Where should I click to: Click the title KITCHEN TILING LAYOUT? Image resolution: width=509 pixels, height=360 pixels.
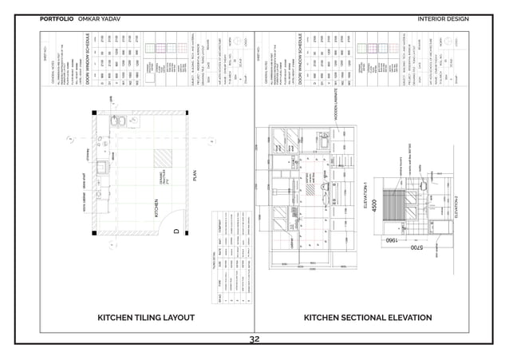click(x=145, y=318)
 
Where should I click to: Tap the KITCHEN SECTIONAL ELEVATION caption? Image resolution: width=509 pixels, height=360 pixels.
click(x=368, y=318)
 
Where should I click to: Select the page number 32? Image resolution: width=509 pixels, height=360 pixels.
click(x=254, y=339)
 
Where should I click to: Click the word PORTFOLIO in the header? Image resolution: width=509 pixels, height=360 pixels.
click(x=57, y=18)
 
